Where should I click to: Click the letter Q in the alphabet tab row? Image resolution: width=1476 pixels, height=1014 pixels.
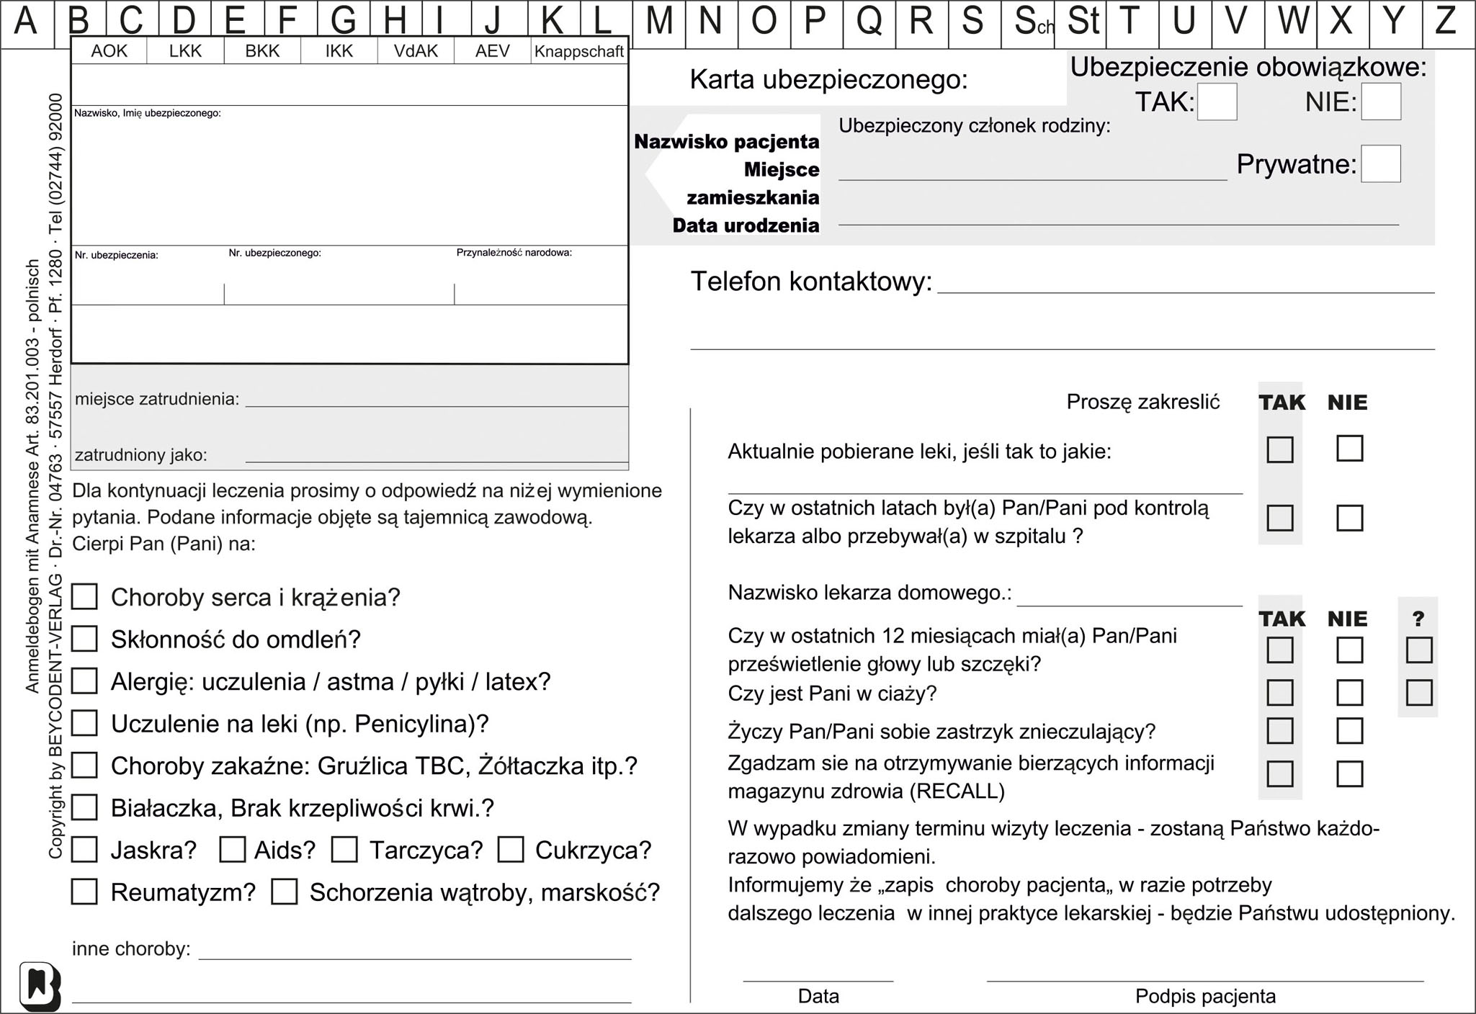869,22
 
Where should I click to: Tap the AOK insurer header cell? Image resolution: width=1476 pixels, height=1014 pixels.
109,51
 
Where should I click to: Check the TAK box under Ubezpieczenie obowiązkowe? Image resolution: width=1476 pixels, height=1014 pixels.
1217,102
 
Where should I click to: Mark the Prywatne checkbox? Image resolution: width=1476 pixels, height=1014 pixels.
1380,163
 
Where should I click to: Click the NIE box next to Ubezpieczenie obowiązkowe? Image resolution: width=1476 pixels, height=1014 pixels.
1380,102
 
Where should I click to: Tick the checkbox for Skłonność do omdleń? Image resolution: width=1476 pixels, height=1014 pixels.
85,639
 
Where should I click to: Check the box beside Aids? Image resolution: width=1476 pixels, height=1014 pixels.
232,850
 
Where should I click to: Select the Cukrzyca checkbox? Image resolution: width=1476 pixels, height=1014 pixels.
510,850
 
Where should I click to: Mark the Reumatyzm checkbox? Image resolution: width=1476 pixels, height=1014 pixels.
85,892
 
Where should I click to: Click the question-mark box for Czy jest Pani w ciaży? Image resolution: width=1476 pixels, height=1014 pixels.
1418,693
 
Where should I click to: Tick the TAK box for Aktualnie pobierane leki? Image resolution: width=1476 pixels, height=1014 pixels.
1279,449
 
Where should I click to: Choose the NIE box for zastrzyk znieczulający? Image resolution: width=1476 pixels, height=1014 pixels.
1349,731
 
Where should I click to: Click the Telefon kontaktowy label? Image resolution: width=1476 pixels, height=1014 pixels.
811,282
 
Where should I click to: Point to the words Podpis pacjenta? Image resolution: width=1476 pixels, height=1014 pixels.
1205,997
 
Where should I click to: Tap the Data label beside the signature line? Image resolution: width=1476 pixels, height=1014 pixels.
818,997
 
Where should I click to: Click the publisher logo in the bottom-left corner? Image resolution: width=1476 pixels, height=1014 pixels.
40,986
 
